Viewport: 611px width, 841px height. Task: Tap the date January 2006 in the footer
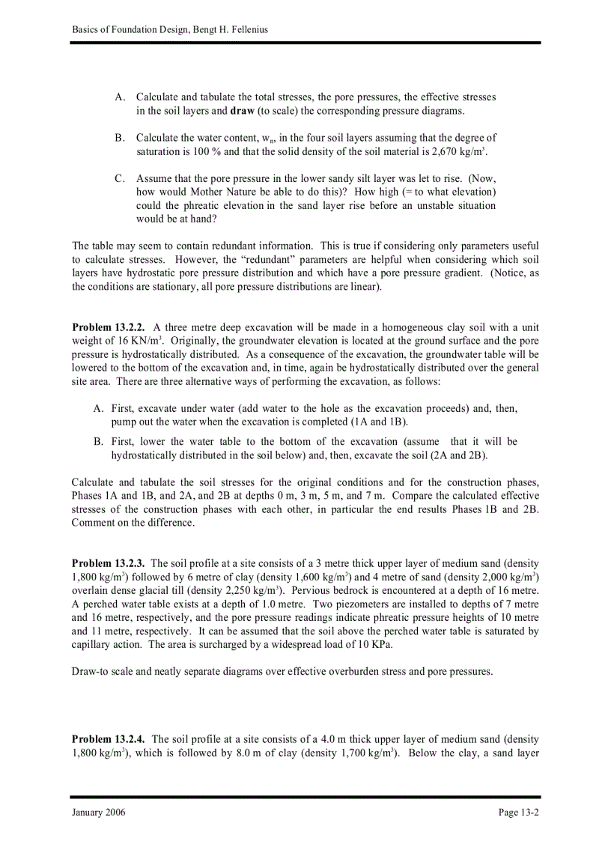point(99,813)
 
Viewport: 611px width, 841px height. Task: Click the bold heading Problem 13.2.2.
point(108,328)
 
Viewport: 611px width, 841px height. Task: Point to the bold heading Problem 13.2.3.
point(108,562)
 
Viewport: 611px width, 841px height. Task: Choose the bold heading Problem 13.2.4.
point(108,739)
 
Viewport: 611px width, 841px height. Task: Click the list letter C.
point(119,178)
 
